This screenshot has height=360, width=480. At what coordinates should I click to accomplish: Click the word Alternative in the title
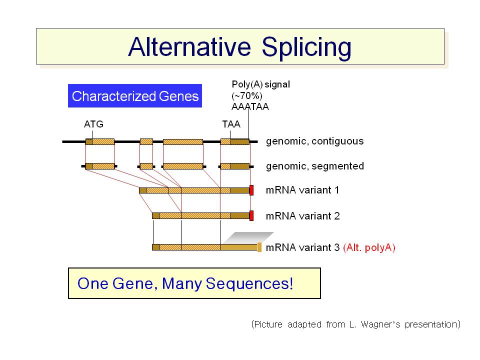189,47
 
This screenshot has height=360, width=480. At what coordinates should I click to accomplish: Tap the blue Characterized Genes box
135,96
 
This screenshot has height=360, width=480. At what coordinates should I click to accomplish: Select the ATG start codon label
93,124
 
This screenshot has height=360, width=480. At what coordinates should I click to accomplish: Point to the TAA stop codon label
231,124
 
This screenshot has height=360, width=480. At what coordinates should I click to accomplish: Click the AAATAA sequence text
250,107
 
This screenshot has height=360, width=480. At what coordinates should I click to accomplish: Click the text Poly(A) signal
261,84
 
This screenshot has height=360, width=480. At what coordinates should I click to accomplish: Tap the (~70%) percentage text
246,96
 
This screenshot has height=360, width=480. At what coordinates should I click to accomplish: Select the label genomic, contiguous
314,141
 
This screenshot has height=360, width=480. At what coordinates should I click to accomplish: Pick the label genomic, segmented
314,166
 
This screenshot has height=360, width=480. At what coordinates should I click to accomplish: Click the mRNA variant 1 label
302,190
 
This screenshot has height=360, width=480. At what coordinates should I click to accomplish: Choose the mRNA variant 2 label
303,216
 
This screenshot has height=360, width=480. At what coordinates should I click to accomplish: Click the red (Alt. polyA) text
369,247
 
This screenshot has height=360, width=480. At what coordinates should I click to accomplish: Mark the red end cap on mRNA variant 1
251,190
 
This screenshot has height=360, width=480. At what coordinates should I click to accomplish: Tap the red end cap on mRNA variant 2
251,216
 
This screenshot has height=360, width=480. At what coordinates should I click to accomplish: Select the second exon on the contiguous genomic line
146,141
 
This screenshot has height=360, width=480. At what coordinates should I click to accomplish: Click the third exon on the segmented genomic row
183,166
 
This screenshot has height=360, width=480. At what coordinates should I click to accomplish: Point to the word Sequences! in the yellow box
249,284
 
